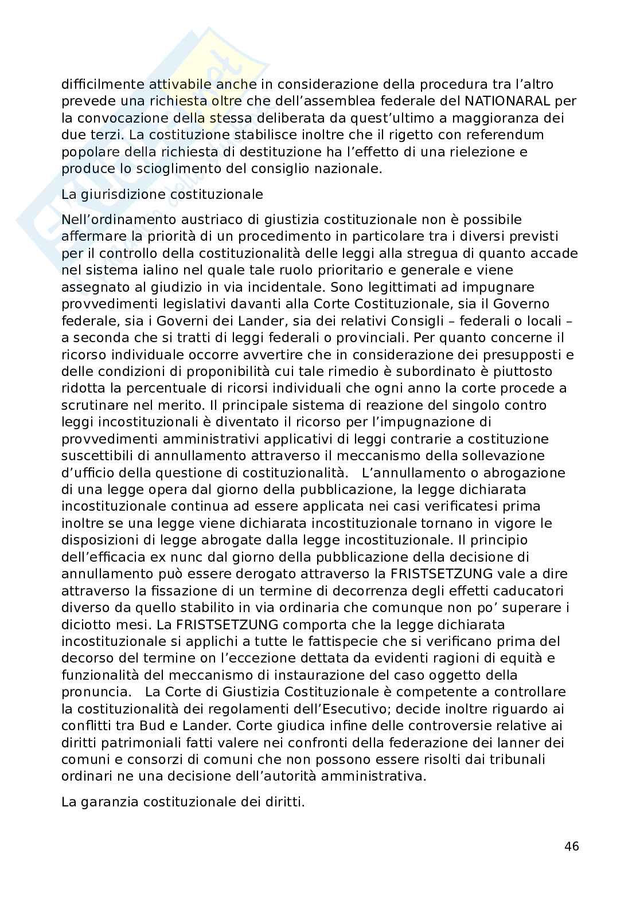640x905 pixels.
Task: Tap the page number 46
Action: coord(571,847)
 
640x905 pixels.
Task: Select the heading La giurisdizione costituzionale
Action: coord(162,194)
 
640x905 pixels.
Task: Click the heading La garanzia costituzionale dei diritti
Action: coord(183,802)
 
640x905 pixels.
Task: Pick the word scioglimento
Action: coord(139,169)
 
